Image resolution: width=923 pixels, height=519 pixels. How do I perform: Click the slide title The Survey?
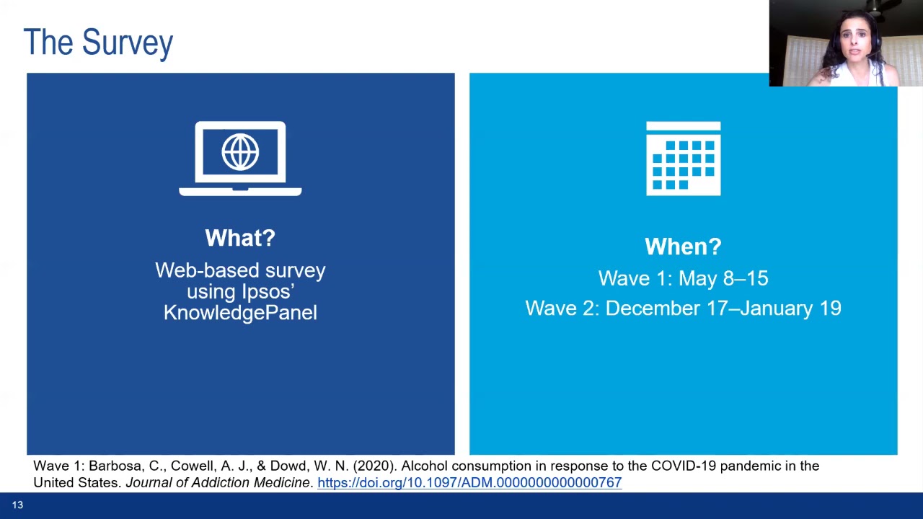tap(98, 43)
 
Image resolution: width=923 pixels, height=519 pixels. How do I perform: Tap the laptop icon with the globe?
tap(240, 158)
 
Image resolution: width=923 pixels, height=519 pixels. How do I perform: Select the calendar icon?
tap(683, 158)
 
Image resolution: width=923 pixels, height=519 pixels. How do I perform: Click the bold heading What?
tap(240, 238)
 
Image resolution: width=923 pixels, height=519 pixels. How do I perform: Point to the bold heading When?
tap(683, 247)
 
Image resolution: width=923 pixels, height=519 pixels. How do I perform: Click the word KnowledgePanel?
tap(240, 312)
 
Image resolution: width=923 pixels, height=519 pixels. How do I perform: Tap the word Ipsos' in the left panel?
tap(268, 292)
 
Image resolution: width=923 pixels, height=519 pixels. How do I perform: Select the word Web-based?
tap(207, 270)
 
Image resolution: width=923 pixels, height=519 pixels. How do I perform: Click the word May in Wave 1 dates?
tap(698, 279)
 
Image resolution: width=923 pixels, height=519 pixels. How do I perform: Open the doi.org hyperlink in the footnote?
tap(469, 482)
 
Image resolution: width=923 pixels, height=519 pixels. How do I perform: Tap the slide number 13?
tap(17, 505)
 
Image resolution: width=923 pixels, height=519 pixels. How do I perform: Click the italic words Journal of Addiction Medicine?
tap(218, 482)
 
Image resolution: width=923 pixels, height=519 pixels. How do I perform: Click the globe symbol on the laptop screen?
tap(240, 151)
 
